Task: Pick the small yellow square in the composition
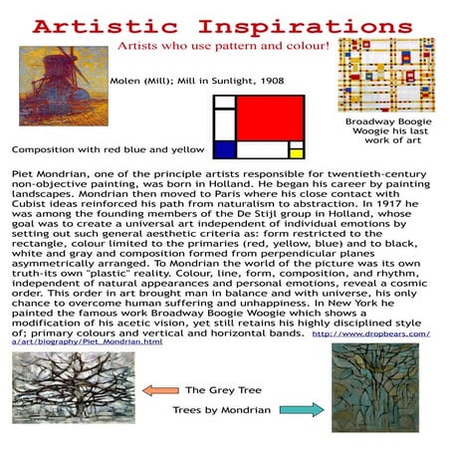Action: coord(295,152)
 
